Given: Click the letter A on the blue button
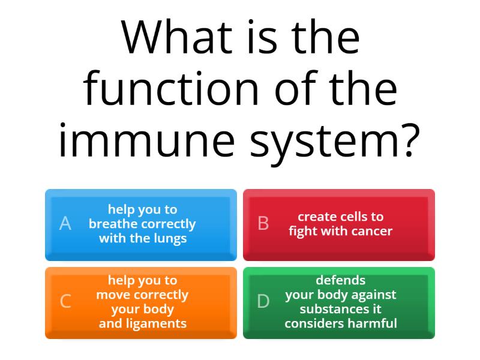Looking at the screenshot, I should tap(65, 224).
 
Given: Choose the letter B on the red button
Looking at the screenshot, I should tap(263, 224).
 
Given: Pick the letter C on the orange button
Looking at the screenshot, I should tap(65, 301).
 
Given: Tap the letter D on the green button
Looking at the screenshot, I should tap(263, 301).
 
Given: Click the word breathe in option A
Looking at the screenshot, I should tap(114, 224).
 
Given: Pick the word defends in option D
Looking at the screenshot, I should tap(340, 280).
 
